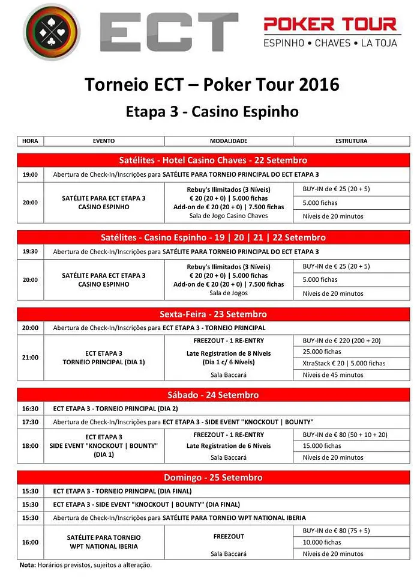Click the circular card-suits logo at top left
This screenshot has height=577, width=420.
point(51,32)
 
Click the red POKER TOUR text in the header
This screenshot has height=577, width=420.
point(331,24)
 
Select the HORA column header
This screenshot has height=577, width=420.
point(30,141)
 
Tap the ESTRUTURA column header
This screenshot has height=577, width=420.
point(352,141)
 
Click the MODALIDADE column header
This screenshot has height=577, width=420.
point(229,141)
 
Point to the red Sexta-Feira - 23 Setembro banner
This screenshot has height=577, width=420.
point(213,314)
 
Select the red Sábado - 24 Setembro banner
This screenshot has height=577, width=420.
point(213,395)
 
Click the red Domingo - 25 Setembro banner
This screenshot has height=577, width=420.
point(213,477)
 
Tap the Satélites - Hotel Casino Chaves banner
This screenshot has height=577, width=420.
point(213,160)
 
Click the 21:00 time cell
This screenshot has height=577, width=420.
point(30,358)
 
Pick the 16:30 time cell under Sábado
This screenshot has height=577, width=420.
point(30,409)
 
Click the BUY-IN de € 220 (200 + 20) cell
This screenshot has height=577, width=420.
point(352,340)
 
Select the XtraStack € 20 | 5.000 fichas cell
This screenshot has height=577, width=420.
point(352,363)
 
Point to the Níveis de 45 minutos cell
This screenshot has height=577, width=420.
point(352,375)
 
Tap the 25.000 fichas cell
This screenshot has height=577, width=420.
point(352,352)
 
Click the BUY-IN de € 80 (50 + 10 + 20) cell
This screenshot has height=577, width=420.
point(352,434)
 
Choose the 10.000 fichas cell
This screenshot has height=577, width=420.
point(352,542)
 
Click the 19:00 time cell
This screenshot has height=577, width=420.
point(30,175)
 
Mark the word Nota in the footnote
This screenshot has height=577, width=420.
point(28,565)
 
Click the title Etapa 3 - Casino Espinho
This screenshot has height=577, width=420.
point(212,112)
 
